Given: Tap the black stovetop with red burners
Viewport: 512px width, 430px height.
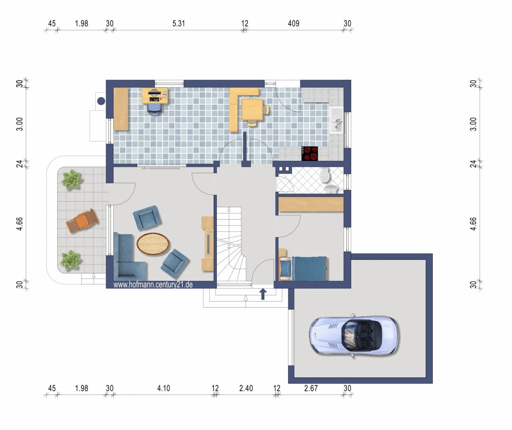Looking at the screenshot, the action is tap(310, 154).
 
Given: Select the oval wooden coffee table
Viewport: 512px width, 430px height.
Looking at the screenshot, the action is tap(153, 244).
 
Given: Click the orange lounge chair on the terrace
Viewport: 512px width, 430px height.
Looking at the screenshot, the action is tap(82, 220).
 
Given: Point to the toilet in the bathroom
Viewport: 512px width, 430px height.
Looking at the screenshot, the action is tap(325, 175).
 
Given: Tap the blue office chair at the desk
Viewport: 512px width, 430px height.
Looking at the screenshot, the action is tap(154, 109).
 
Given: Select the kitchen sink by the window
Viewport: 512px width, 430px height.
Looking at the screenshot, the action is tap(336, 120).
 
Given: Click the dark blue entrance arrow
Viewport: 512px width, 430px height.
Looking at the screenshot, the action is tap(263, 294).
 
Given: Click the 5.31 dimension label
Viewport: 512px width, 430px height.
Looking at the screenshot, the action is tap(178, 24).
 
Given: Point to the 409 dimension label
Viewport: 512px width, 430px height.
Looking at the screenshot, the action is tap(294, 24).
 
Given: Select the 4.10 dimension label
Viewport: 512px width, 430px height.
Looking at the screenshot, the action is tap(164, 388).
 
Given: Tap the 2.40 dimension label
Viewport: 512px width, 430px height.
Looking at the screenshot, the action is tap(246, 388).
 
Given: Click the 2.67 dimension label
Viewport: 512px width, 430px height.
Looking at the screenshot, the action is tap(311, 388).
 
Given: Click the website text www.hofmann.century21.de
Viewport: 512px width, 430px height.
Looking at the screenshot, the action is tap(153, 284).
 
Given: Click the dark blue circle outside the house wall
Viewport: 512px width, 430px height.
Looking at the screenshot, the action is tap(101, 101).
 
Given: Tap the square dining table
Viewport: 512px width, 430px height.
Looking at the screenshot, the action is tap(252, 110).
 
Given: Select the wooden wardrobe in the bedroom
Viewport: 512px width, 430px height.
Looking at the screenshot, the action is tap(311, 204).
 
